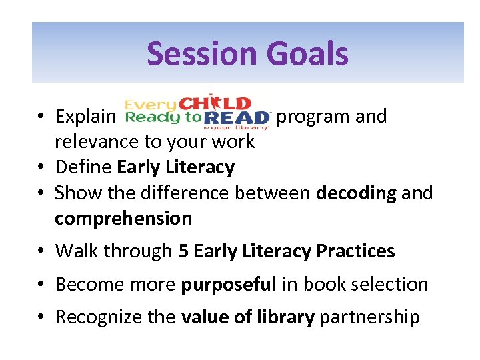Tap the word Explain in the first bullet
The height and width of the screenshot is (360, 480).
click(x=85, y=117)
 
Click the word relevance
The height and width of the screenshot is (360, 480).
click(x=97, y=141)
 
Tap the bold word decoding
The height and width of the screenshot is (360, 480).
click(x=356, y=193)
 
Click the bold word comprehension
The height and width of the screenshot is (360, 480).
click(x=123, y=218)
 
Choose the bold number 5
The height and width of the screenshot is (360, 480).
click(x=183, y=251)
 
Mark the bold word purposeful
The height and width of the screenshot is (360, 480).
click(x=229, y=284)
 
